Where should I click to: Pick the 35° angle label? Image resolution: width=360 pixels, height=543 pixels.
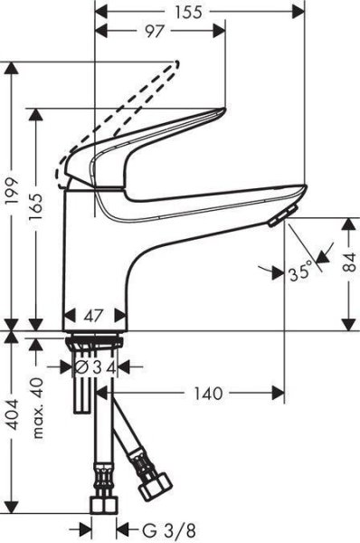click(300, 269)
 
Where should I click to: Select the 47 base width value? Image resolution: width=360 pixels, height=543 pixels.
click(95, 317)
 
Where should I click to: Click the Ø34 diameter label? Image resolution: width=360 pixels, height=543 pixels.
click(95, 367)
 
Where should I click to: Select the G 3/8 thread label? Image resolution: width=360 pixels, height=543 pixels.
click(154, 528)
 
